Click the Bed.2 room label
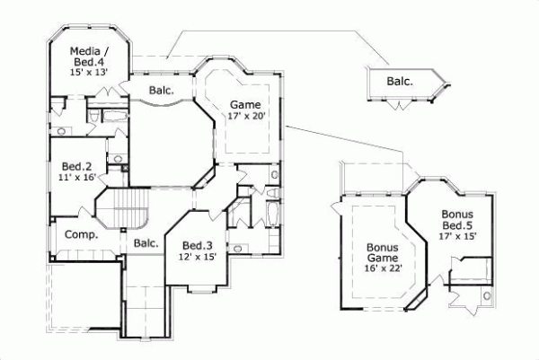click(76, 166)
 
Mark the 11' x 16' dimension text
click(76, 178)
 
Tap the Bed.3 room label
click(197, 245)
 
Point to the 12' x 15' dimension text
click(197, 257)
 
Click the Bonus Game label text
click(382, 253)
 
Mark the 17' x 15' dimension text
click(457, 236)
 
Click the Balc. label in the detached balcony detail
click(400, 82)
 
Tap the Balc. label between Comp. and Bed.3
click(146, 243)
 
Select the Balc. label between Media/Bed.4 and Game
click(161, 90)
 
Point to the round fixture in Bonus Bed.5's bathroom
click(487, 294)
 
